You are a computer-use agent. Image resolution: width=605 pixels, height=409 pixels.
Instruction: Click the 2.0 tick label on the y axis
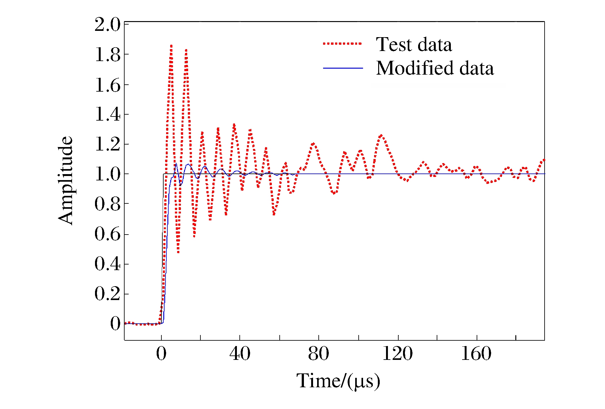coord(107,25)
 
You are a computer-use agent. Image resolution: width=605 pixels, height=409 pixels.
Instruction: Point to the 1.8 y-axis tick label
coord(107,54)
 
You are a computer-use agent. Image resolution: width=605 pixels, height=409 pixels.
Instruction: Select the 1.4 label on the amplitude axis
coord(107,114)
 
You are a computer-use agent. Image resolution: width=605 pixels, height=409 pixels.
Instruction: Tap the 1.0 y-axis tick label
coord(107,174)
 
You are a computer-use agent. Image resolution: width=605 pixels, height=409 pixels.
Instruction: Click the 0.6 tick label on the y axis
coord(107,234)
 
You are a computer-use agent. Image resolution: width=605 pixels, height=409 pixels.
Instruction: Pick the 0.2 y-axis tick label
coord(107,294)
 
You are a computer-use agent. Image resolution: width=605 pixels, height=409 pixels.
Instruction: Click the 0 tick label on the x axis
coord(161,353)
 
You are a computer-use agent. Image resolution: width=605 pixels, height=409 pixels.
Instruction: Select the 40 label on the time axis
coord(240,353)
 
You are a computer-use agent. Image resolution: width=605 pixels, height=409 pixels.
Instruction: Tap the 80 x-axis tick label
coord(318,353)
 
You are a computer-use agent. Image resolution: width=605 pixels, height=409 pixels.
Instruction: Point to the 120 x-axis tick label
coord(397,353)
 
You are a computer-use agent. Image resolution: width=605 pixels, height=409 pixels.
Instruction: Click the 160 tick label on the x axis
coord(476,353)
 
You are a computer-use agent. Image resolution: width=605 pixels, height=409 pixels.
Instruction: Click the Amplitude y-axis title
coord(65,180)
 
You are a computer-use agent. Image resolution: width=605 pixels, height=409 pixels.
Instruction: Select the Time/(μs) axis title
coord(338,381)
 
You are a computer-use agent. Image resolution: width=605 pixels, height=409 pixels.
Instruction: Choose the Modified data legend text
coord(435,68)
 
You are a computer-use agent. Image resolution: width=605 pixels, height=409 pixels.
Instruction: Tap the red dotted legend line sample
coord(342,44)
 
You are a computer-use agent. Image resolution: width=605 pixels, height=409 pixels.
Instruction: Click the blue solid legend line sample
coord(343,68)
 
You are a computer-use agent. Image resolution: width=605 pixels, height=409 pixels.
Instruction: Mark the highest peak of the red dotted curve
coord(171,46)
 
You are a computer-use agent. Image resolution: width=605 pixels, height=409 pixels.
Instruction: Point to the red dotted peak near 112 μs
coord(381,135)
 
